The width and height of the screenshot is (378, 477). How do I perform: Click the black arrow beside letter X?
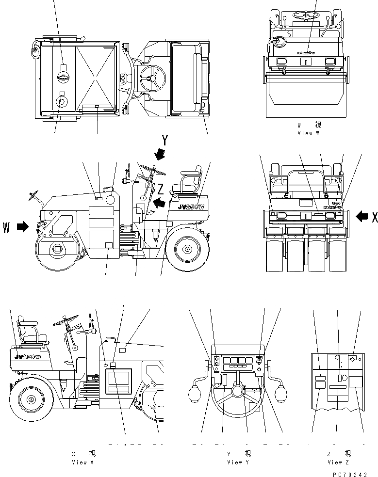(362, 217)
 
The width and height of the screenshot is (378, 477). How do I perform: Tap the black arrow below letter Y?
(159, 155)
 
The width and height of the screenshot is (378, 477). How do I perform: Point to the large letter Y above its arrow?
(165, 141)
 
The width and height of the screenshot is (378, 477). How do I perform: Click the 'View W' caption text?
(308, 133)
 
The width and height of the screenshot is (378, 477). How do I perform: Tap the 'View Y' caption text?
(238, 462)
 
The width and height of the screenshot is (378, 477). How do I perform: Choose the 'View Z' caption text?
(338, 462)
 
